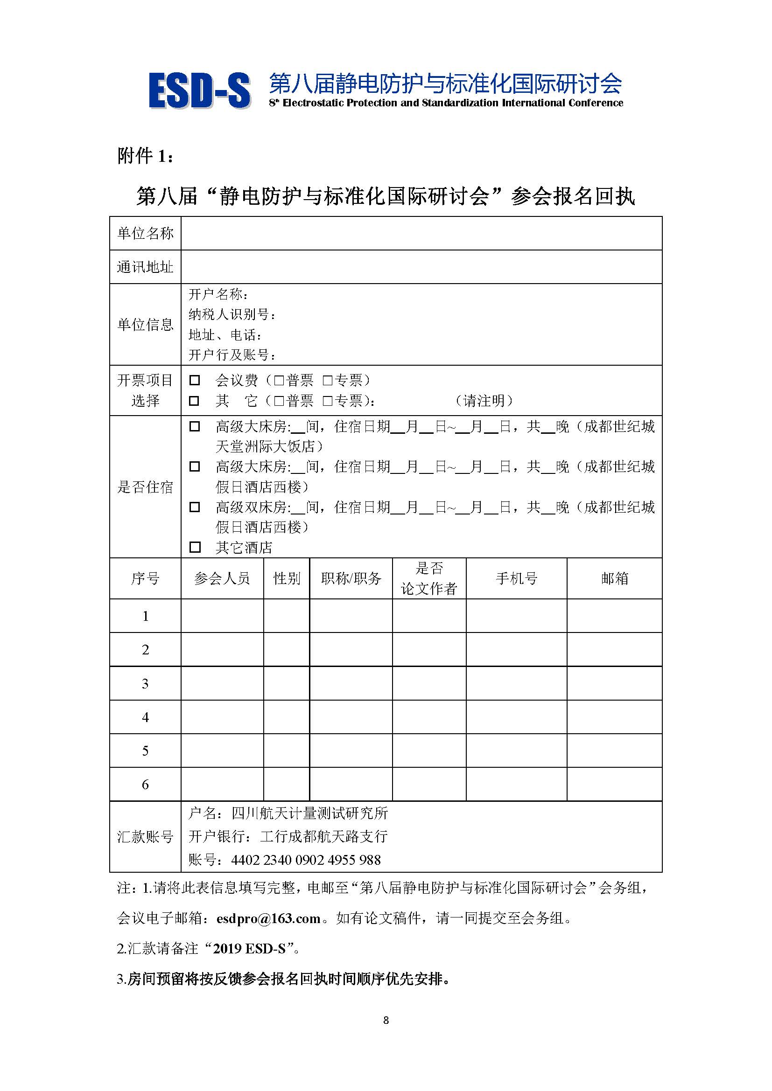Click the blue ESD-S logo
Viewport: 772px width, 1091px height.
point(199,90)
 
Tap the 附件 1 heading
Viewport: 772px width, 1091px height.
point(145,156)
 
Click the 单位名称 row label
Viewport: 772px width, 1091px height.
point(145,233)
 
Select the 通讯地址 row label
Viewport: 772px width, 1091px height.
point(145,267)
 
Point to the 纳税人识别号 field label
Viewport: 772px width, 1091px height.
point(232,314)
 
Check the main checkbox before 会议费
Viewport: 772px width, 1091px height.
point(195,380)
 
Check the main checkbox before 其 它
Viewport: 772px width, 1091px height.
point(195,401)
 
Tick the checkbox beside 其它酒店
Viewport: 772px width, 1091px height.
point(195,547)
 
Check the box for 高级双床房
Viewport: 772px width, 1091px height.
point(195,507)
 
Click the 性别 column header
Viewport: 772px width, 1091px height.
point(287,578)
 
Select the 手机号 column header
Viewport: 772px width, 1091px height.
point(516,578)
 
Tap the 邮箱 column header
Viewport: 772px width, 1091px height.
point(614,578)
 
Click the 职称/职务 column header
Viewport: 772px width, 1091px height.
point(351,578)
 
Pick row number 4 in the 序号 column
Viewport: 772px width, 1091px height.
point(145,717)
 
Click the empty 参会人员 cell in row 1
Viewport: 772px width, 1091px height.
point(222,616)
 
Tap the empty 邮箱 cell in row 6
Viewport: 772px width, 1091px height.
point(614,784)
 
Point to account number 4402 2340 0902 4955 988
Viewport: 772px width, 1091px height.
point(306,860)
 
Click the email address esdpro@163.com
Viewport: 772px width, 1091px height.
point(268,918)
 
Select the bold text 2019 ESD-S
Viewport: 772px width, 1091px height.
point(249,949)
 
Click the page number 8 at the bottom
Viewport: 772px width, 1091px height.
point(386,1020)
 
